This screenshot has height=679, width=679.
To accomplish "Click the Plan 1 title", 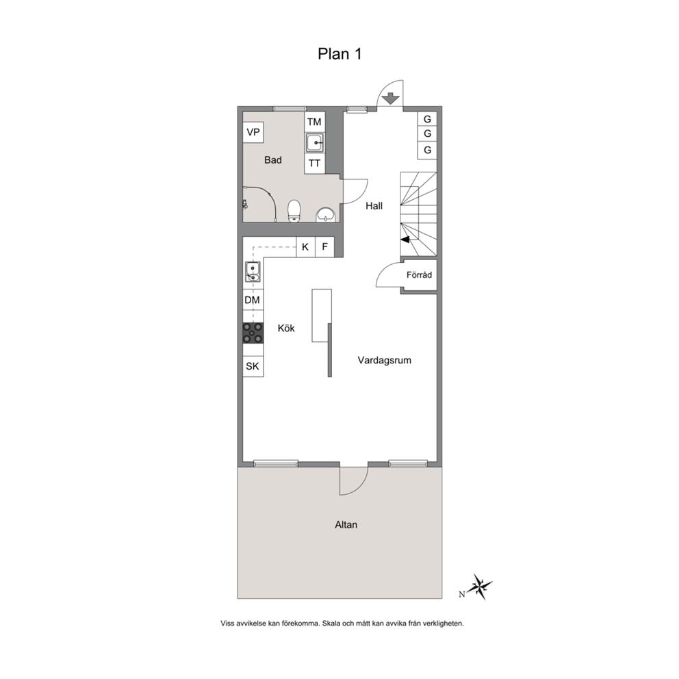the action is (339, 53).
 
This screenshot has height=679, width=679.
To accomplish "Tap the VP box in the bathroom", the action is (253, 132).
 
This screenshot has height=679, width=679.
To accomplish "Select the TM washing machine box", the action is (314, 122).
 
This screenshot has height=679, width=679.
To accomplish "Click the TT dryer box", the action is (314, 164).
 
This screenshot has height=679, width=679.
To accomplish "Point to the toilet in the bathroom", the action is (294, 211).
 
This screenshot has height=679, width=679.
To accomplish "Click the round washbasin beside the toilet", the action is (325, 214).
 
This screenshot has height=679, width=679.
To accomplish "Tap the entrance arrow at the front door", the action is (391, 99).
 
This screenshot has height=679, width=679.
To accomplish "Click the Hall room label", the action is (374, 206).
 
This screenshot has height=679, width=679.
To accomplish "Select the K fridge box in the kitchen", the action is (306, 247).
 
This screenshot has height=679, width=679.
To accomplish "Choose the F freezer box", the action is (324, 247).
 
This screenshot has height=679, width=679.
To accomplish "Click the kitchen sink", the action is (253, 272).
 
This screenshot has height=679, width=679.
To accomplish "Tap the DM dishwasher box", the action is (253, 300).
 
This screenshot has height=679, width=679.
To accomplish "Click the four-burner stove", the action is (253, 333).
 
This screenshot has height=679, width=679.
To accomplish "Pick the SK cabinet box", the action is (253, 366).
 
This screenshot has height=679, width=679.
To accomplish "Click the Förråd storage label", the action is (419, 275).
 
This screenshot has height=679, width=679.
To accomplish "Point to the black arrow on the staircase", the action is (406, 240).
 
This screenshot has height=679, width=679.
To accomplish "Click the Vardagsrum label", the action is (385, 360).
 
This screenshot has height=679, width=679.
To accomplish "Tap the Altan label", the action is (346, 525).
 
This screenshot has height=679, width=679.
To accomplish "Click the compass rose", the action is (480, 587).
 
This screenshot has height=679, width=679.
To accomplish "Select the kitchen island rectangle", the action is (322, 316).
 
